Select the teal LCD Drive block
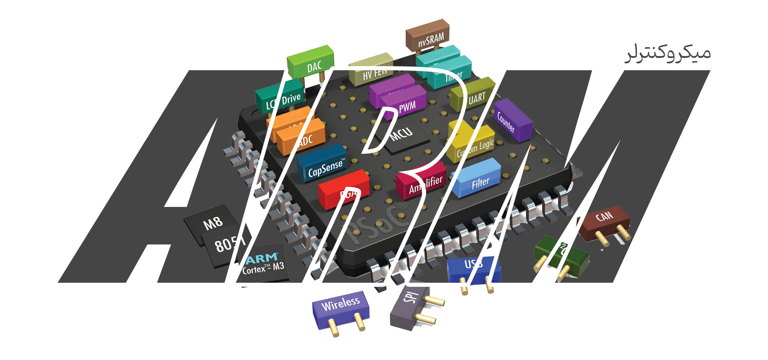(281, 98)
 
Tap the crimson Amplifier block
(422, 182)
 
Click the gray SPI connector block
(409, 305)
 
